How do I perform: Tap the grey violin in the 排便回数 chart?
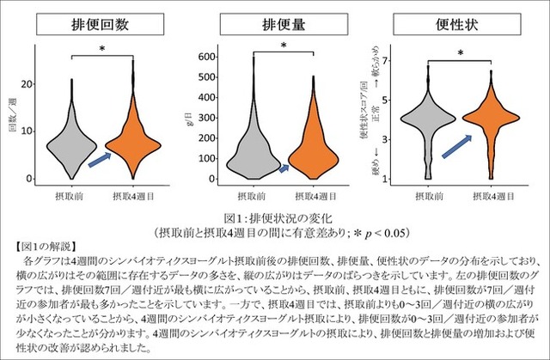coord(71,137)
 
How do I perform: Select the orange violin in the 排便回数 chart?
coord(133,142)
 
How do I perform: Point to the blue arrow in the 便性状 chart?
coord(455,145)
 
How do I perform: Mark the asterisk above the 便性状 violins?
coord(460,54)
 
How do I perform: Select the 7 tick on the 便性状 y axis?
coord(388,61)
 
